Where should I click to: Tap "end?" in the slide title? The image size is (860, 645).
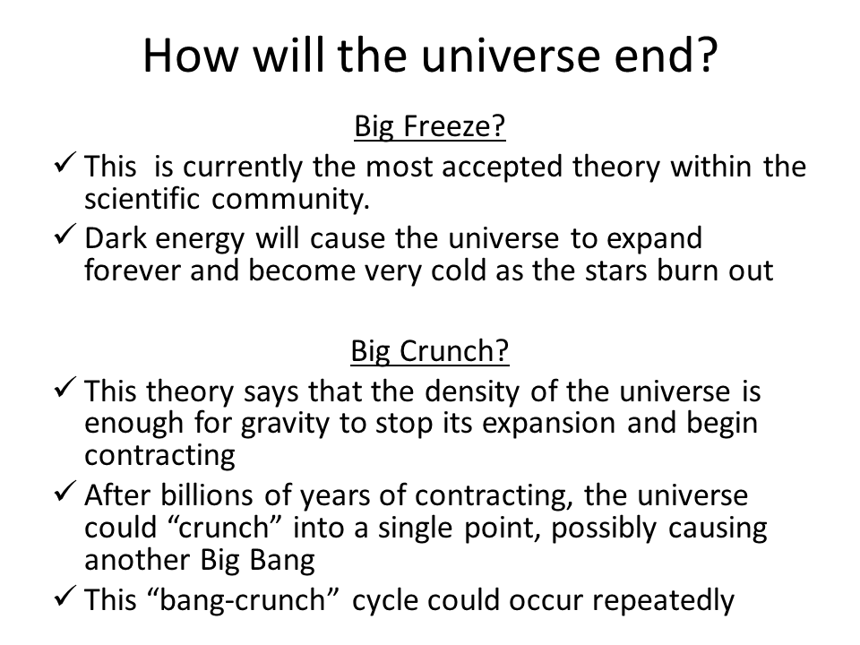click(666, 56)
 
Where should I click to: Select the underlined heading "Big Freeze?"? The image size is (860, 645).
click(429, 126)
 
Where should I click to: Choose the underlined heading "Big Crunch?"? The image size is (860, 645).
click(429, 351)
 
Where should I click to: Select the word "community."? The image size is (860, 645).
click(290, 200)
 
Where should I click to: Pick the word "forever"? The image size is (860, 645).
click(133, 270)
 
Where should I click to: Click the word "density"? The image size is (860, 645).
click(472, 392)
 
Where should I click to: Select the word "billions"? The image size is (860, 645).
click(207, 495)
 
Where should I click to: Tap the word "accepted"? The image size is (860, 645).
click(502, 168)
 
